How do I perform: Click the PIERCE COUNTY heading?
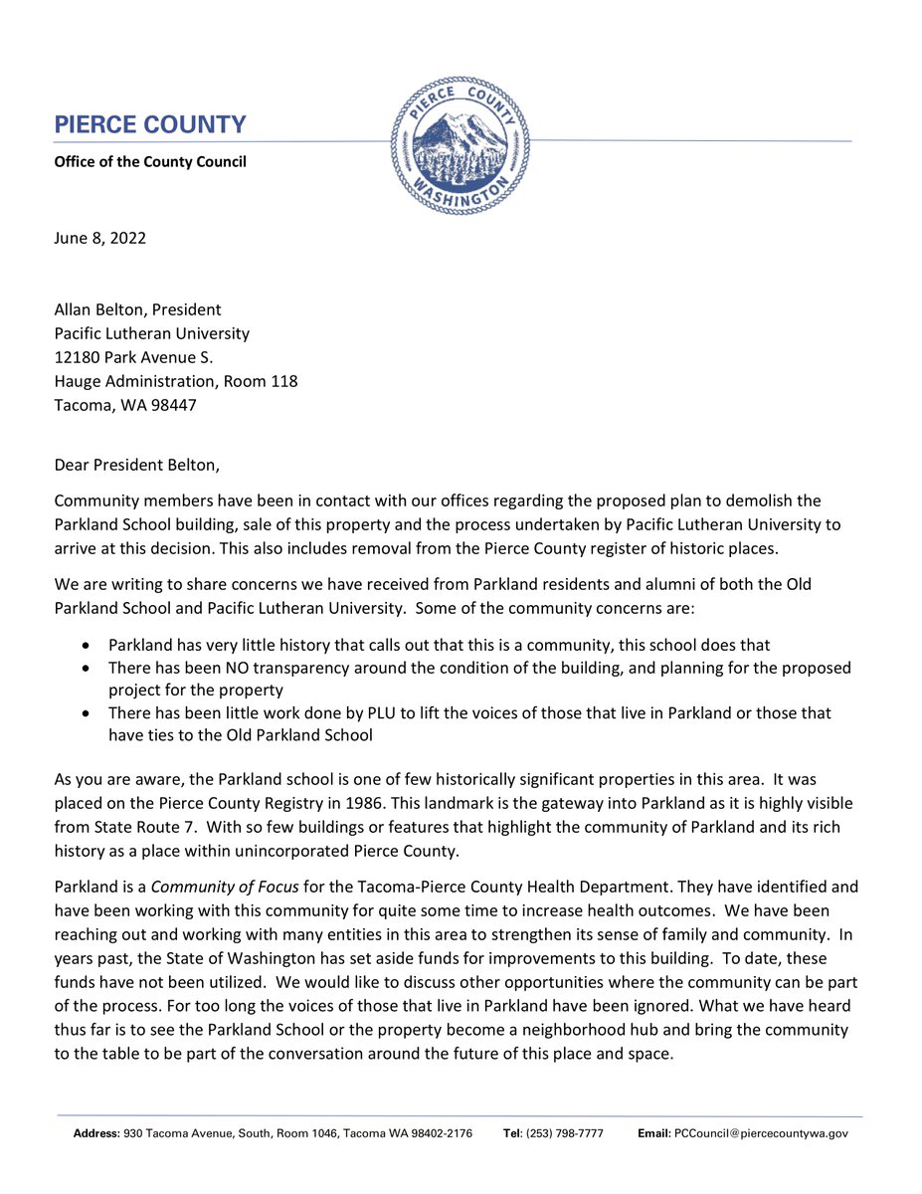[x=149, y=125]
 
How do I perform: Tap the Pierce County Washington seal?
[x=461, y=145]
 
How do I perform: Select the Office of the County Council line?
[x=149, y=161]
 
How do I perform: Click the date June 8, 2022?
[x=99, y=238]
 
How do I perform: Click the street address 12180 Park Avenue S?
[x=133, y=357]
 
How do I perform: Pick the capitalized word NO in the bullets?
[x=221, y=668]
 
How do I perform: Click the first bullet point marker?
[x=89, y=645]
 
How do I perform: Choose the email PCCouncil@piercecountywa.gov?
[x=761, y=1133]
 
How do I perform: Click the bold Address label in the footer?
[x=96, y=1133]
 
